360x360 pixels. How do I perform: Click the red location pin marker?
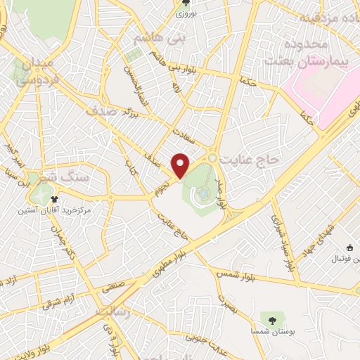tap(181, 165)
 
